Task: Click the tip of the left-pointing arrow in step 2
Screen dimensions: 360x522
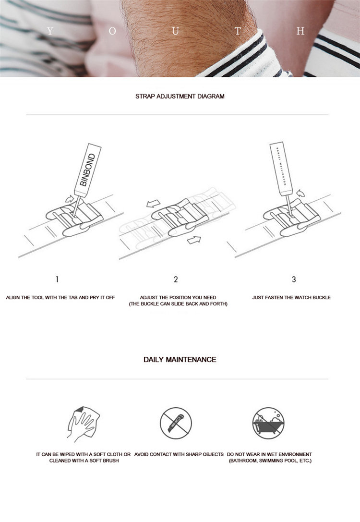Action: point(147,205)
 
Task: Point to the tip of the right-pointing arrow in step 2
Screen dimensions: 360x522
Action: point(201,238)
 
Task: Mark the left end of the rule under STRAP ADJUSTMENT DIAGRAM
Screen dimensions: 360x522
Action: point(26,115)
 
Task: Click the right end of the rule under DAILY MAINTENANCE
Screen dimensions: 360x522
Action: point(328,379)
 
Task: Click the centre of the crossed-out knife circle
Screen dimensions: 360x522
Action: point(176,423)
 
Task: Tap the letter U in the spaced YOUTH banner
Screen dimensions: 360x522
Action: point(175,31)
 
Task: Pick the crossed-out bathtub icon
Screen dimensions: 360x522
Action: point(268,423)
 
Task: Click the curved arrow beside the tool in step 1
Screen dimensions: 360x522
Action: point(70,198)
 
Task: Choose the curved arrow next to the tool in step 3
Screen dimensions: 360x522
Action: point(300,193)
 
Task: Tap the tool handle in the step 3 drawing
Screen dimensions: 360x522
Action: point(281,169)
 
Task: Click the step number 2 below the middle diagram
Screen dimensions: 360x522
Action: point(176,279)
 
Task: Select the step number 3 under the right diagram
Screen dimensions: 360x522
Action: point(294,279)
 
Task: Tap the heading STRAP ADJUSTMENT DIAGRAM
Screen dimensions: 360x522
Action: point(180,96)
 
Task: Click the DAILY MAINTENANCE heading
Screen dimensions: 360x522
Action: point(180,360)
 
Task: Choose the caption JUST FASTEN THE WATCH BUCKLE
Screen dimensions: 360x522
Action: point(291,297)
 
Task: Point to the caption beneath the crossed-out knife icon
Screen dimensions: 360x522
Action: point(179,454)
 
